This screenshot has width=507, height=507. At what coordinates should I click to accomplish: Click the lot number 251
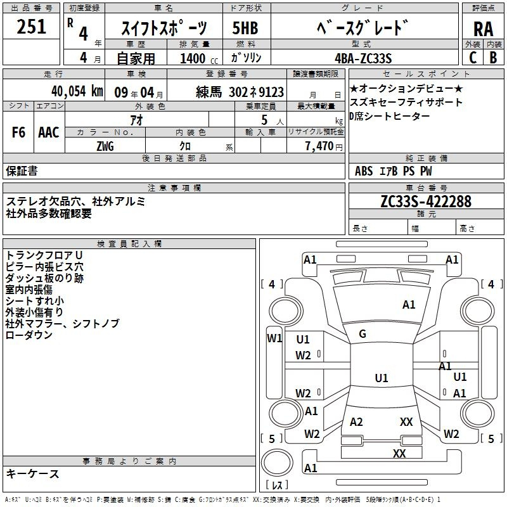point(31,27)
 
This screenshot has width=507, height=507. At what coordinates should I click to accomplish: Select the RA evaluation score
point(483,29)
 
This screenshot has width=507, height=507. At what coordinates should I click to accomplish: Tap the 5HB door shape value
point(245,28)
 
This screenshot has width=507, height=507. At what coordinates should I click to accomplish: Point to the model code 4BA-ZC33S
point(363,58)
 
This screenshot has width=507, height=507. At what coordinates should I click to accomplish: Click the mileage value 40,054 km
point(77,91)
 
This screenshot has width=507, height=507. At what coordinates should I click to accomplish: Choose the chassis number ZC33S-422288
point(426,202)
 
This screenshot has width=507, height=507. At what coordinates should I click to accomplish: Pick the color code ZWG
point(105,146)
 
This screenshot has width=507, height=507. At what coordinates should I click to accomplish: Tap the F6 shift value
point(18,132)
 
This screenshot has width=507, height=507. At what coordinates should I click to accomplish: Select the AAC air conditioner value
point(49,132)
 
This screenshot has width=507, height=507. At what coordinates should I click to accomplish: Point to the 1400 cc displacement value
point(199,58)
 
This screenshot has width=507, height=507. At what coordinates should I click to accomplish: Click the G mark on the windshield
point(363,334)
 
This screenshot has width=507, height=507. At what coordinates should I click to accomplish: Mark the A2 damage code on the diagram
point(356,422)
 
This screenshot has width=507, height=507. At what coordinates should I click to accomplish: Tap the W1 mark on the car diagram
point(274,338)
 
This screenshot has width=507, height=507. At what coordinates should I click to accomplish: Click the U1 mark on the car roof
point(382,378)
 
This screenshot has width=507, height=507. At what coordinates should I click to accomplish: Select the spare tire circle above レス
point(277,463)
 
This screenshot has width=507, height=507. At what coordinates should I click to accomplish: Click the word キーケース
point(32,474)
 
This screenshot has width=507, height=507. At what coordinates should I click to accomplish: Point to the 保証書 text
point(22,171)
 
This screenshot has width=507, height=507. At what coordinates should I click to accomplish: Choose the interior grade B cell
point(494,58)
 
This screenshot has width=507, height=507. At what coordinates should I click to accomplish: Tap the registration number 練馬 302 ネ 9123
point(240,92)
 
